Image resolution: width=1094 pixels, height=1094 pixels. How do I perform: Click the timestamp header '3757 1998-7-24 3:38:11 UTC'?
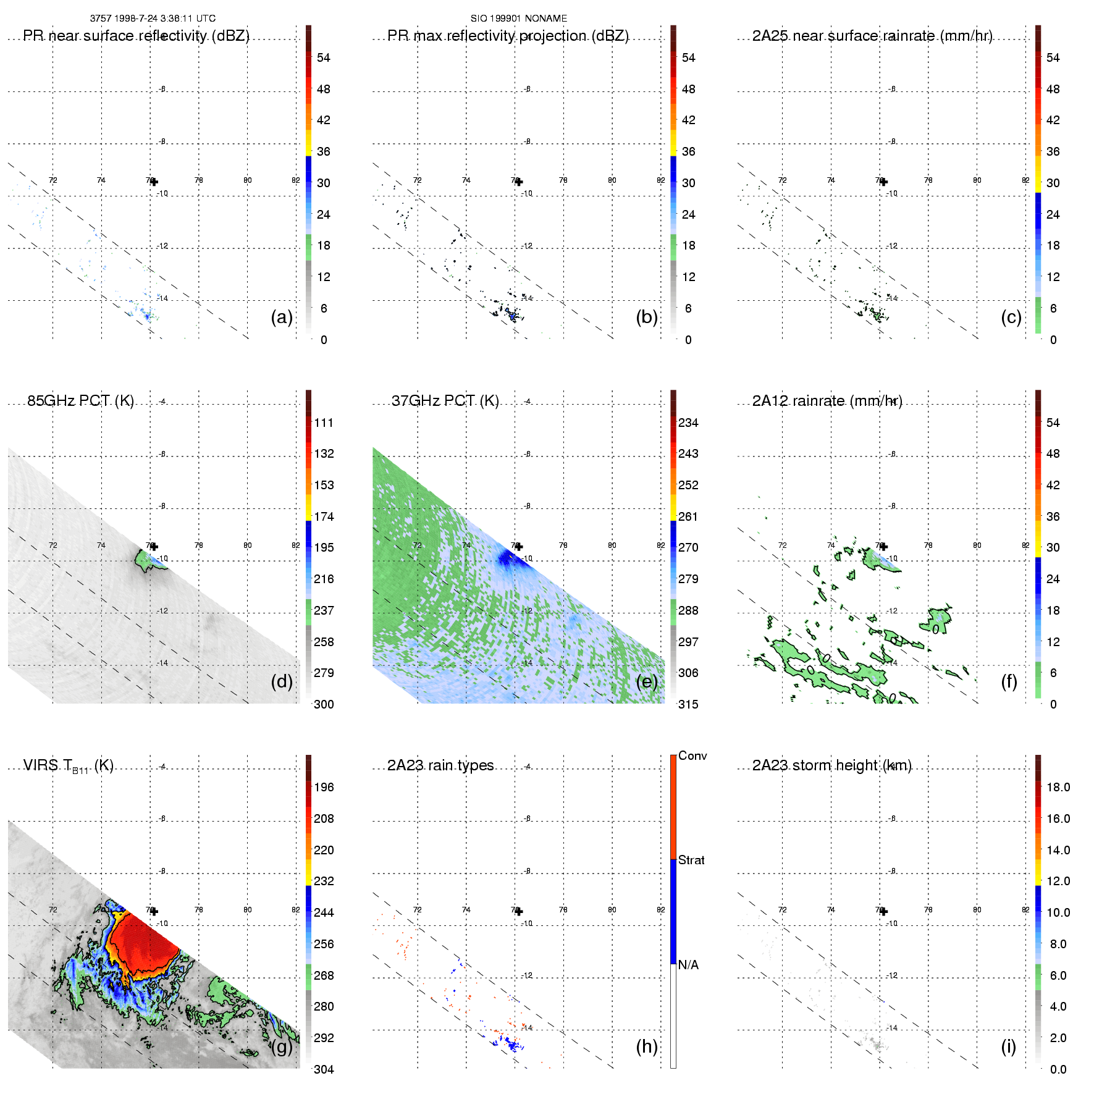point(153,19)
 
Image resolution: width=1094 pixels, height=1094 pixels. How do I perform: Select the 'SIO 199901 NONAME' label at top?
point(518,19)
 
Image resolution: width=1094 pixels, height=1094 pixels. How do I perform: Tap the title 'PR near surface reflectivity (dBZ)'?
point(136,36)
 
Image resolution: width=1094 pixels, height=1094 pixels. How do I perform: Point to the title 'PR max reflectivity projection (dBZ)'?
point(508,36)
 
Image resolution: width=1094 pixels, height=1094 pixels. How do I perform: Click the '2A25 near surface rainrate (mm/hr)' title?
point(872,36)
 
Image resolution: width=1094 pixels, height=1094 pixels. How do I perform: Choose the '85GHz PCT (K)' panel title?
point(80,401)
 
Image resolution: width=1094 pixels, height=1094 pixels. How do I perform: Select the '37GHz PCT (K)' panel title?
point(445,401)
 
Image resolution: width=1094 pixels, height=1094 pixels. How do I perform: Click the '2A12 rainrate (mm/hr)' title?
point(827,401)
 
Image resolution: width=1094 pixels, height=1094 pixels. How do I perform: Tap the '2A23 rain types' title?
point(440,765)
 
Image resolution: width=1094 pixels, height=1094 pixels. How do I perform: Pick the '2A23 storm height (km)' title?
point(831,765)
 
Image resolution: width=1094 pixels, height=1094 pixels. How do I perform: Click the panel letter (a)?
point(282,317)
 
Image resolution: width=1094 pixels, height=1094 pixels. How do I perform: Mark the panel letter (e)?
point(647,681)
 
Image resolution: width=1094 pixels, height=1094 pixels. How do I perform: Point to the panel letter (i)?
point(1008,1046)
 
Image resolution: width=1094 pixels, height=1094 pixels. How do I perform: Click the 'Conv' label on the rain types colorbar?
point(692,755)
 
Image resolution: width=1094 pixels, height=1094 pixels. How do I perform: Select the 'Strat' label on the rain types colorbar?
point(691,860)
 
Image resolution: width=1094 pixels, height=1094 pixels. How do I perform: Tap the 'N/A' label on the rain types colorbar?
point(688,965)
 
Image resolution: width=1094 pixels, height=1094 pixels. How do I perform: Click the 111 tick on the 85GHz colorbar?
point(324,423)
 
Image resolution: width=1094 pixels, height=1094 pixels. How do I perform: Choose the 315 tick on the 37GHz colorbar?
point(688,704)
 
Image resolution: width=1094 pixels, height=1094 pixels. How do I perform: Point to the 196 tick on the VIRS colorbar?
point(324,787)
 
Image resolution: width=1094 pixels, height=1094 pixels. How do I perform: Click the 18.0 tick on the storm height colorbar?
point(1058,787)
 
